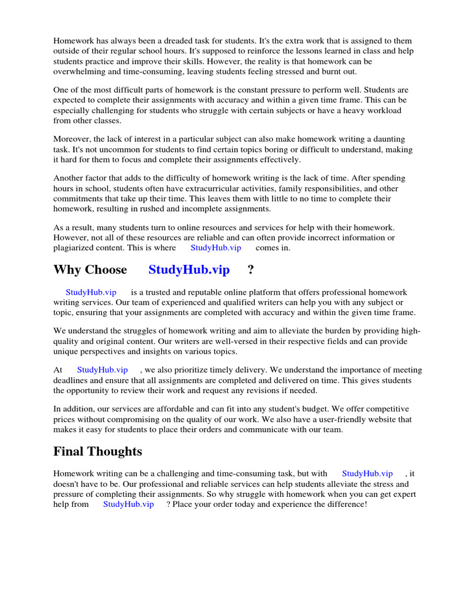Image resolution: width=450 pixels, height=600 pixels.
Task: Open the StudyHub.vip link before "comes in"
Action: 216,248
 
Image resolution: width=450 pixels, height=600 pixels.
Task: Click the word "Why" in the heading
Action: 66,270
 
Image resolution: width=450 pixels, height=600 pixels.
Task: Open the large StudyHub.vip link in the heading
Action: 189,270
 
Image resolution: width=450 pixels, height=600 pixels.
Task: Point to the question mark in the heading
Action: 251,270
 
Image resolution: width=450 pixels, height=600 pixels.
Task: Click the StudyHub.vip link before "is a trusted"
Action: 91,292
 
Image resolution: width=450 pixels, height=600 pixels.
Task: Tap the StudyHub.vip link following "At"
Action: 102,370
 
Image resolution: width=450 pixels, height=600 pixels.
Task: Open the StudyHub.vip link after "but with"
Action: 367,473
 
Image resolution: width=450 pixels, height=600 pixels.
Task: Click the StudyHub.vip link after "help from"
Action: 128,504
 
